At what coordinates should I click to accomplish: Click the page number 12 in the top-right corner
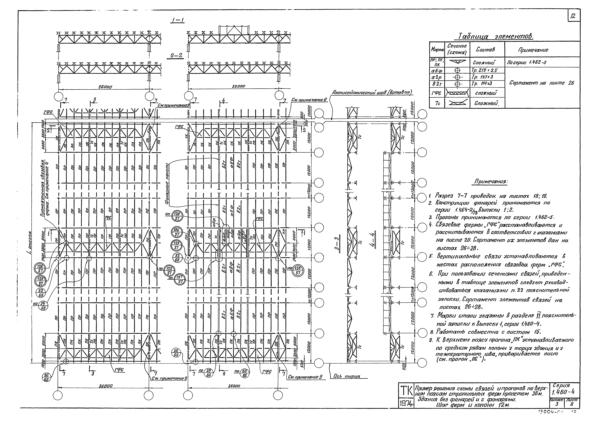(x=573, y=16)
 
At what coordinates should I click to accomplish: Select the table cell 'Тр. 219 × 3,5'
(x=481, y=70)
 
